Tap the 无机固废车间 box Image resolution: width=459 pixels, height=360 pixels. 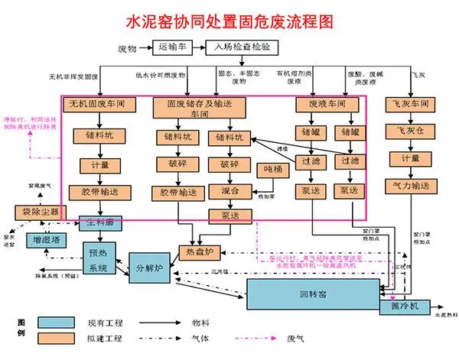[96, 103]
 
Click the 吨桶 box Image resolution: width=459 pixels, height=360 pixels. [273, 170]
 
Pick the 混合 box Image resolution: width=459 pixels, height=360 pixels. [229, 190]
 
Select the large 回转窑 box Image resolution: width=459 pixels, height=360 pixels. [314, 294]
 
